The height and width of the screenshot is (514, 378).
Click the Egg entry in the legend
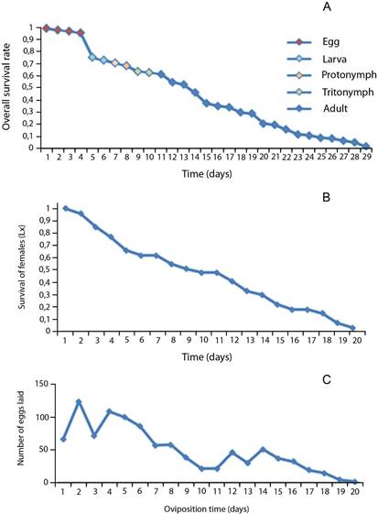(x=330, y=42)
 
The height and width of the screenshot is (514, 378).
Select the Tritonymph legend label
(x=348, y=93)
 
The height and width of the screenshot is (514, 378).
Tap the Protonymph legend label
(x=349, y=75)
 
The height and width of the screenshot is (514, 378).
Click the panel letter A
(x=327, y=6)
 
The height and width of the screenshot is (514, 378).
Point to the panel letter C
(x=327, y=379)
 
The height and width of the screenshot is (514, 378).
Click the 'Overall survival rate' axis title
(x=6, y=86)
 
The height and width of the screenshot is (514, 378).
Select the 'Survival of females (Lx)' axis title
(x=22, y=268)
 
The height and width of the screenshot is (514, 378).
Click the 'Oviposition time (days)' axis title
(x=206, y=509)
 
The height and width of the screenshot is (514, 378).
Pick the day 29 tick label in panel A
(x=367, y=157)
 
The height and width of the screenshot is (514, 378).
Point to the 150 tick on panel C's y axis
(x=42, y=384)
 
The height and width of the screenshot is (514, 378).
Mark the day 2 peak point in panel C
(x=79, y=401)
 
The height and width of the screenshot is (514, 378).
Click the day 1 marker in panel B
(x=65, y=209)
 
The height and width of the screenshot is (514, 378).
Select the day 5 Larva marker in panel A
(x=92, y=58)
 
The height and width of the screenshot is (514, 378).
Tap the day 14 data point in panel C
(x=263, y=450)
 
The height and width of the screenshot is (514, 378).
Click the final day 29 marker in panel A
(x=367, y=147)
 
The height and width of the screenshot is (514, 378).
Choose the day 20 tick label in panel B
(x=357, y=340)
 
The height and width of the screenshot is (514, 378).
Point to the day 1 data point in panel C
(x=63, y=439)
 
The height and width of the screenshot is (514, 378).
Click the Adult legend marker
(x=299, y=108)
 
